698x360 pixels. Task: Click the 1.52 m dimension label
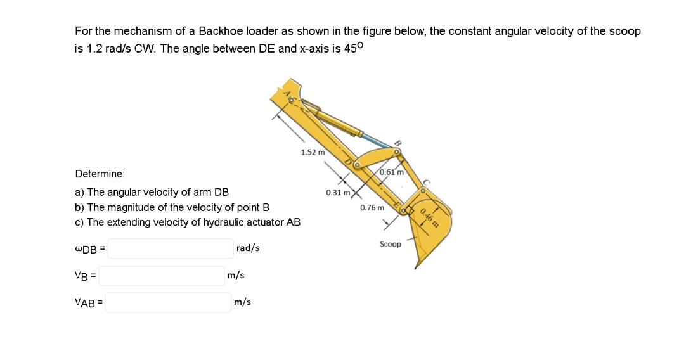pos(313,152)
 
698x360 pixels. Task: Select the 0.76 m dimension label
pos(372,207)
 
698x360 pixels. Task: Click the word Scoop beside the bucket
pos(391,244)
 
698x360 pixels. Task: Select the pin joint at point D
pos(357,165)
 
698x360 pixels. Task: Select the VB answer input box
pos(162,276)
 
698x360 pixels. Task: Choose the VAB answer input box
pos(167,303)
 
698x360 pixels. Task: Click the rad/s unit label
pos(247,248)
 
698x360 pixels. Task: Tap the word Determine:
pos(100,174)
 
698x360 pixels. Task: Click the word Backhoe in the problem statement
pos(218,31)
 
